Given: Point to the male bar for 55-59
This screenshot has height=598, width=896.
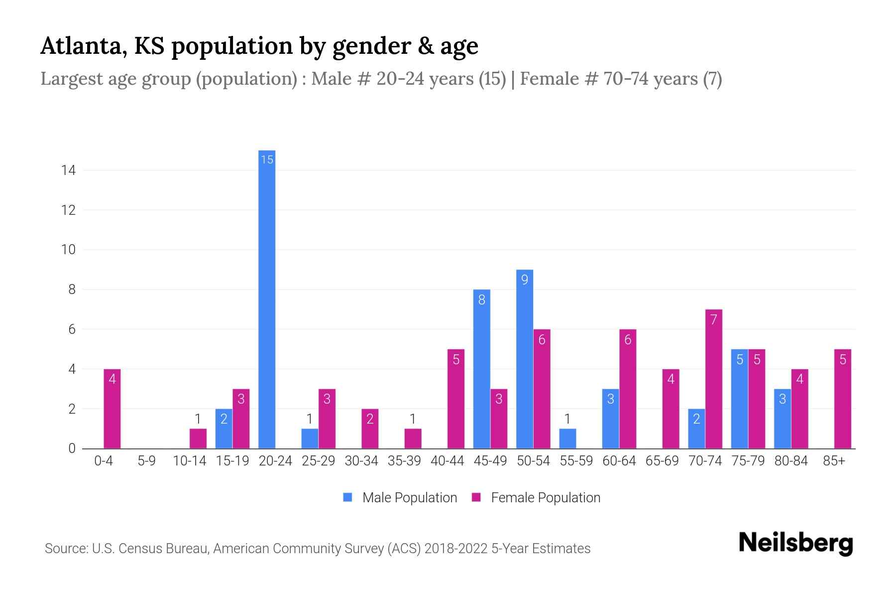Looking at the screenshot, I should point(567,439).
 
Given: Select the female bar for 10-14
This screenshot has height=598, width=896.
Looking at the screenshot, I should point(198,439).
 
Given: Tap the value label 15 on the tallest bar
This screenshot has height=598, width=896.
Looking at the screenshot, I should point(267,159).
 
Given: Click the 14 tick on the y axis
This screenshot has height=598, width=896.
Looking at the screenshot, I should point(68,170).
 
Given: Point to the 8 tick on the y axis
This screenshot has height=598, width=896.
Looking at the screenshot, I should point(72,290).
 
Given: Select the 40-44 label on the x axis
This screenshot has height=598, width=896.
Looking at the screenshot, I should point(447,461).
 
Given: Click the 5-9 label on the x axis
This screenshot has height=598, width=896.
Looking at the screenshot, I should point(146,461).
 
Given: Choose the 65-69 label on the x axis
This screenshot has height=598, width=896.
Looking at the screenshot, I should point(662,461).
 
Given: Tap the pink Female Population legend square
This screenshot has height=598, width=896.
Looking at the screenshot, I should point(476,497).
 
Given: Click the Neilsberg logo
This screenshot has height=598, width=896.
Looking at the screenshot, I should point(795,543).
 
